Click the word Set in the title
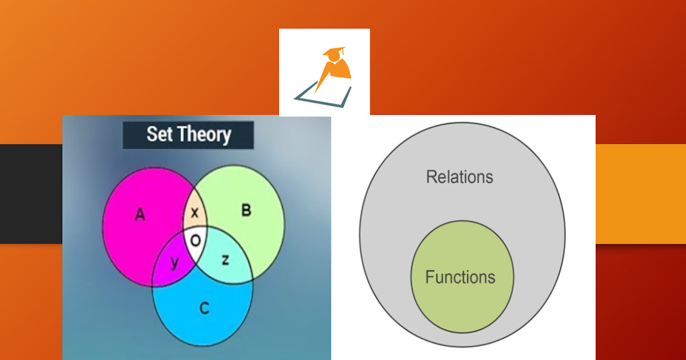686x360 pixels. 159,134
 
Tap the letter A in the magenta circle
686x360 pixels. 139,215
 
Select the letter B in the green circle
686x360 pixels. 246,210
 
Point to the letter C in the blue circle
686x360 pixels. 204,309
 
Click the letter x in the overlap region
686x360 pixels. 194,213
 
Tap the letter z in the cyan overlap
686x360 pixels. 225,260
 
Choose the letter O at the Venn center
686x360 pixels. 196,241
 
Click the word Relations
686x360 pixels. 459,177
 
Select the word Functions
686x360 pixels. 460,278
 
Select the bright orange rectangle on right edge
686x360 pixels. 640,194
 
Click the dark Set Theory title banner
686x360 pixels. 188,135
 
